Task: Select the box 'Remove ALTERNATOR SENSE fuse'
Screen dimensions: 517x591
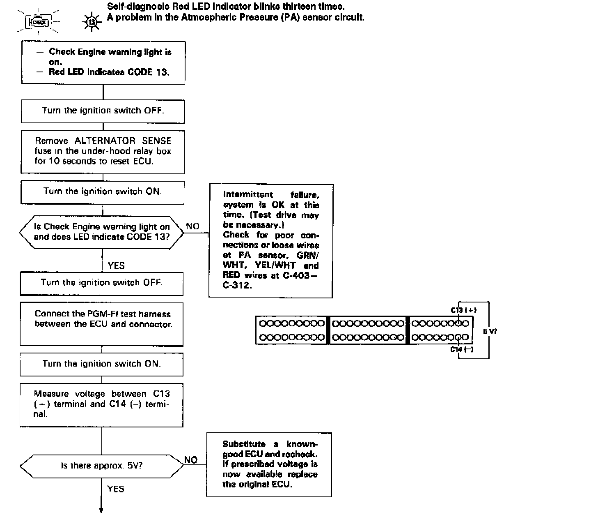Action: tap(103, 151)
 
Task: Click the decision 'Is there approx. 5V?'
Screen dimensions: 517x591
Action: tap(102, 466)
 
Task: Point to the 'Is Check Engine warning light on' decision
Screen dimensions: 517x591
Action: tap(101, 232)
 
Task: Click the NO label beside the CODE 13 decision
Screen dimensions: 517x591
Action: tap(192, 226)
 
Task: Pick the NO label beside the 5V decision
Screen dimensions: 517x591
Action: tap(191, 460)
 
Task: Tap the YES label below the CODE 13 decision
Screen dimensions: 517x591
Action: tap(116, 265)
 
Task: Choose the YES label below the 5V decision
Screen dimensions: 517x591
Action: tap(116, 489)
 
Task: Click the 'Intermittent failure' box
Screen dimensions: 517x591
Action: tap(271, 240)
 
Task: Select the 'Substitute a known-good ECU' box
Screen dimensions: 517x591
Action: tap(269, 464)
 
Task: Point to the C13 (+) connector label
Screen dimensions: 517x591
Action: tap(463, 310)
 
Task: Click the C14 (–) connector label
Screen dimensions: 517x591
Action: tap(462, 349)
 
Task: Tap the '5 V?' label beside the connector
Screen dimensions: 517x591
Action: tap(490, 331)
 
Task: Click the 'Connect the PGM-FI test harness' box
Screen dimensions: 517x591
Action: tap(102, 324)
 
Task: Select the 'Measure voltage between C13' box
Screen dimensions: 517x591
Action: tap(102, 404)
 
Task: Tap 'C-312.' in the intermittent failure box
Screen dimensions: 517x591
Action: tap(237, 285)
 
